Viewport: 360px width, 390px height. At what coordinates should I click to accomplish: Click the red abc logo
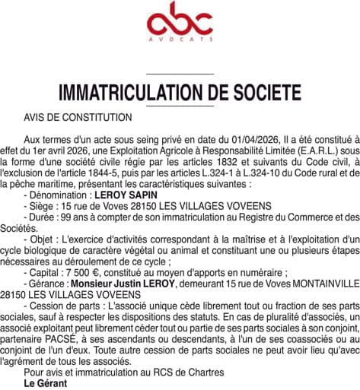coord(179,23)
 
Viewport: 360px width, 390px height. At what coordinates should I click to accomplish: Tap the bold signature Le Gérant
coord(45,383)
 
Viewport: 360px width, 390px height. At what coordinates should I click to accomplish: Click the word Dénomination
coord(62,195)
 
